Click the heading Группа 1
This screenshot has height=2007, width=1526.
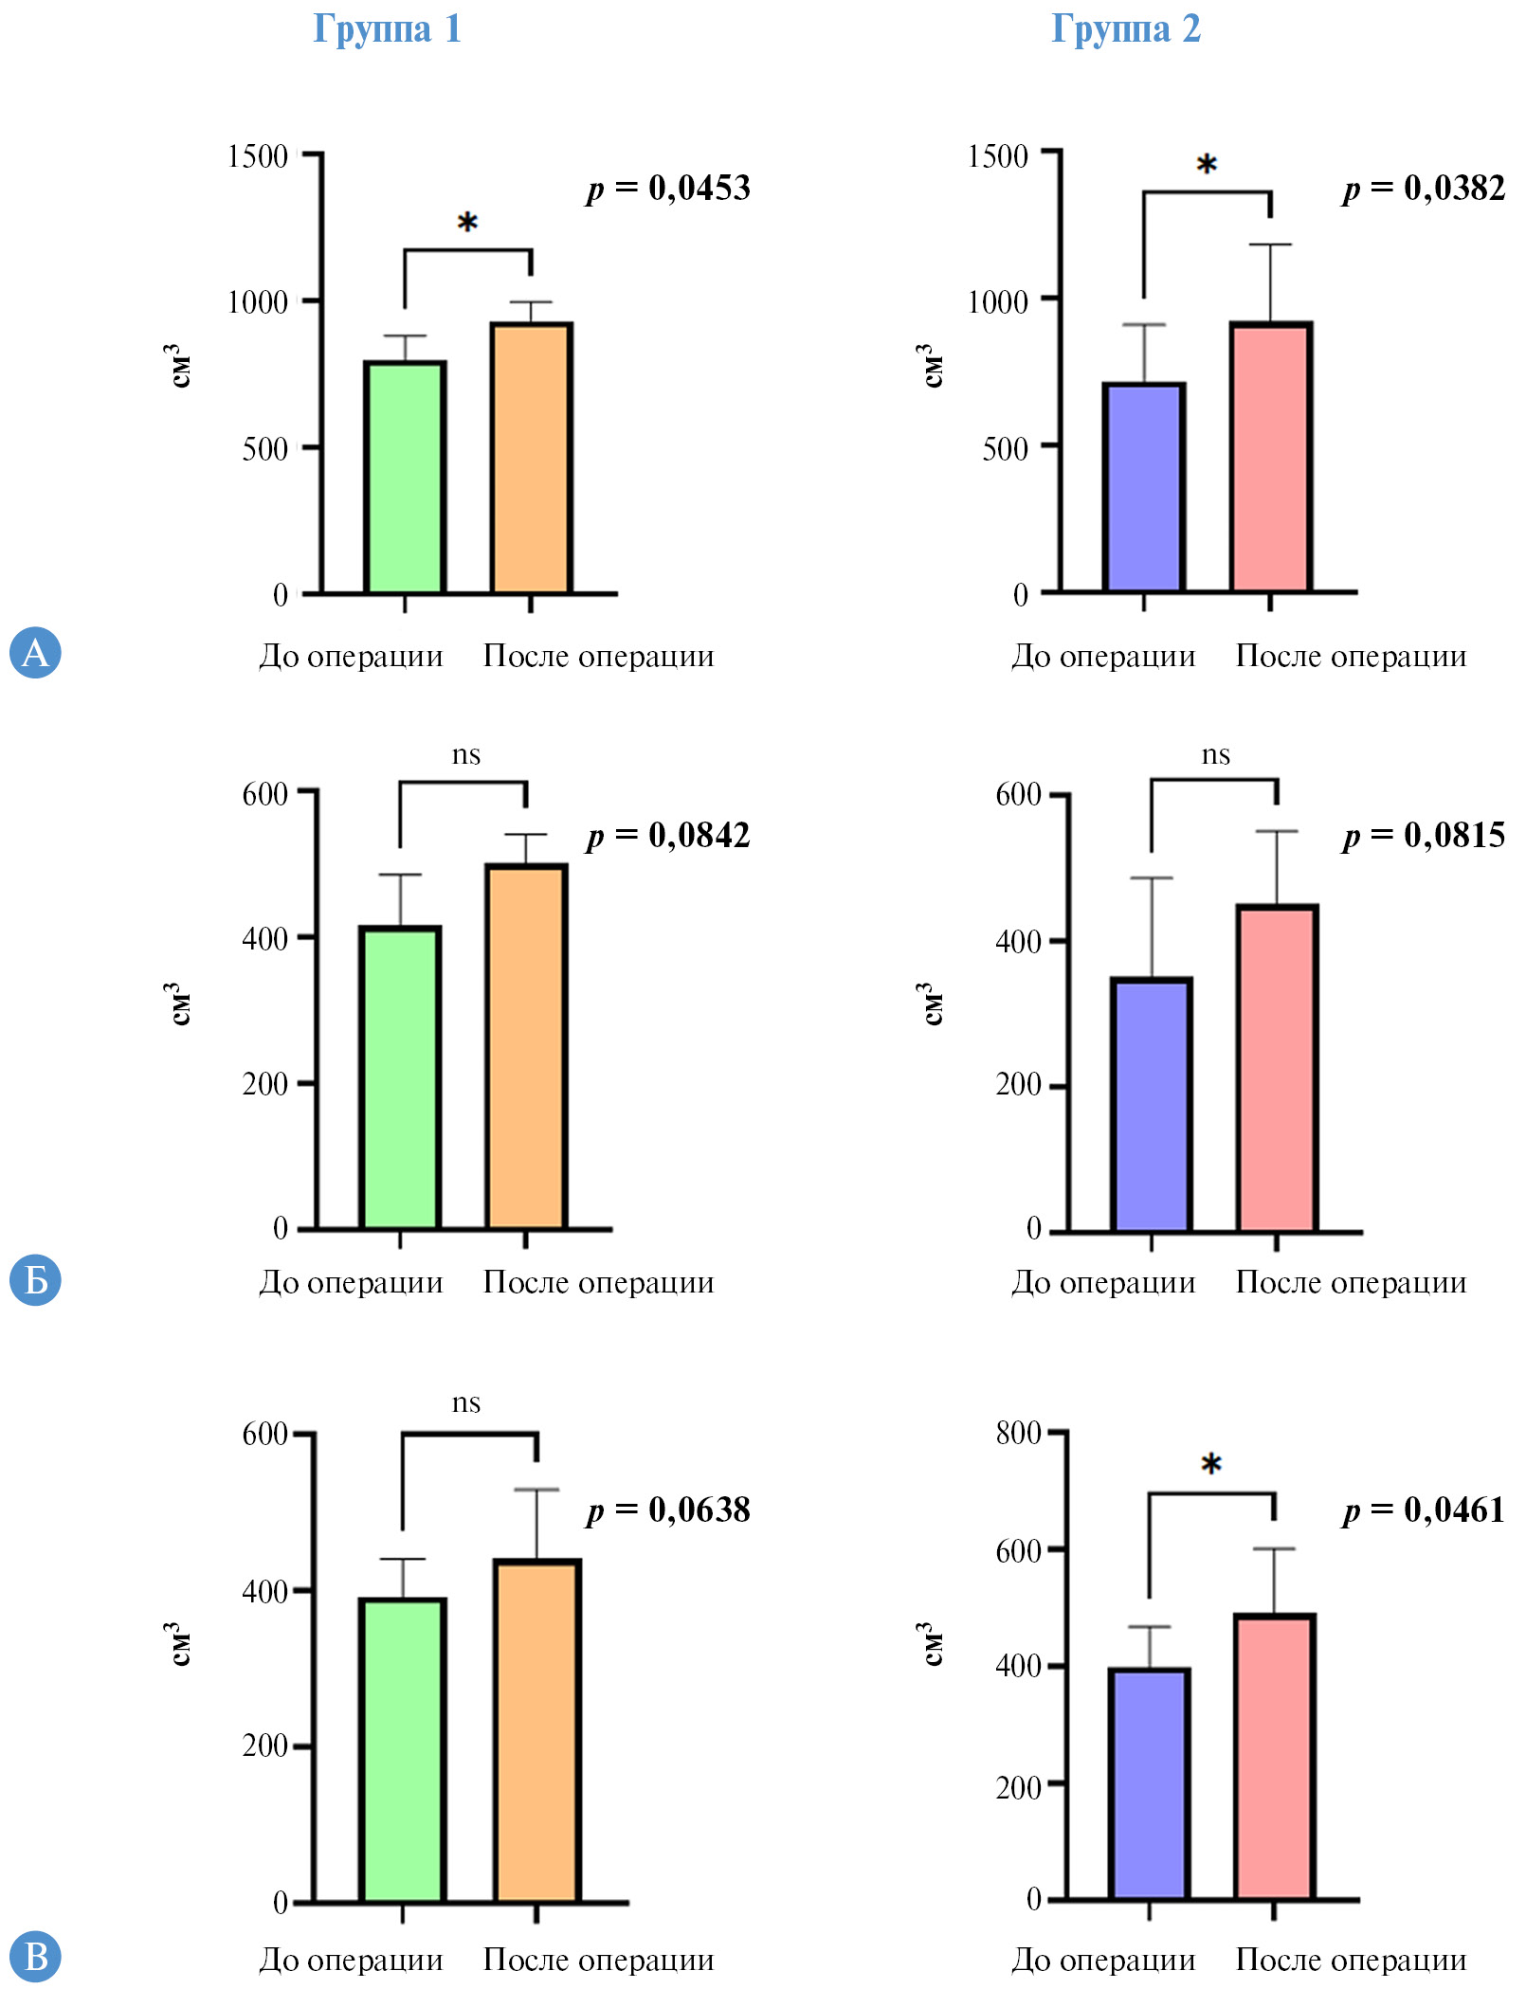387,28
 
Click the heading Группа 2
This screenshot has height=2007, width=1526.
1126,28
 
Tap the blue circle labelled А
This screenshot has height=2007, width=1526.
35,652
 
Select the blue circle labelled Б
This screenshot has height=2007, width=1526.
35,1280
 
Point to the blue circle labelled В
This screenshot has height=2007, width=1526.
35,1957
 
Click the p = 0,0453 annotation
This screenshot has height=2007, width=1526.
668,188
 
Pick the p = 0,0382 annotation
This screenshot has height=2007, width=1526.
1424,188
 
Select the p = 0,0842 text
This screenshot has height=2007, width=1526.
668,835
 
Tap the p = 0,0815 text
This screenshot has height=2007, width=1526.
1424,835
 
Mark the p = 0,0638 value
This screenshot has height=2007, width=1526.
668,1510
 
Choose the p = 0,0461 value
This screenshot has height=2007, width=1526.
1424,1510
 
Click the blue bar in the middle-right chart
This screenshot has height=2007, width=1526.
1151,1105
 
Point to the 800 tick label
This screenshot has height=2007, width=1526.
1019,1433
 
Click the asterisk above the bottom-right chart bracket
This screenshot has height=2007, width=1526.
1210,1465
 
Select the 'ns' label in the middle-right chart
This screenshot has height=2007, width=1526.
1215,755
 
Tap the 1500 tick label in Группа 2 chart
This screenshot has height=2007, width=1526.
998,155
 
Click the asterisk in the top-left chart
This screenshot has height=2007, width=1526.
467,224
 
